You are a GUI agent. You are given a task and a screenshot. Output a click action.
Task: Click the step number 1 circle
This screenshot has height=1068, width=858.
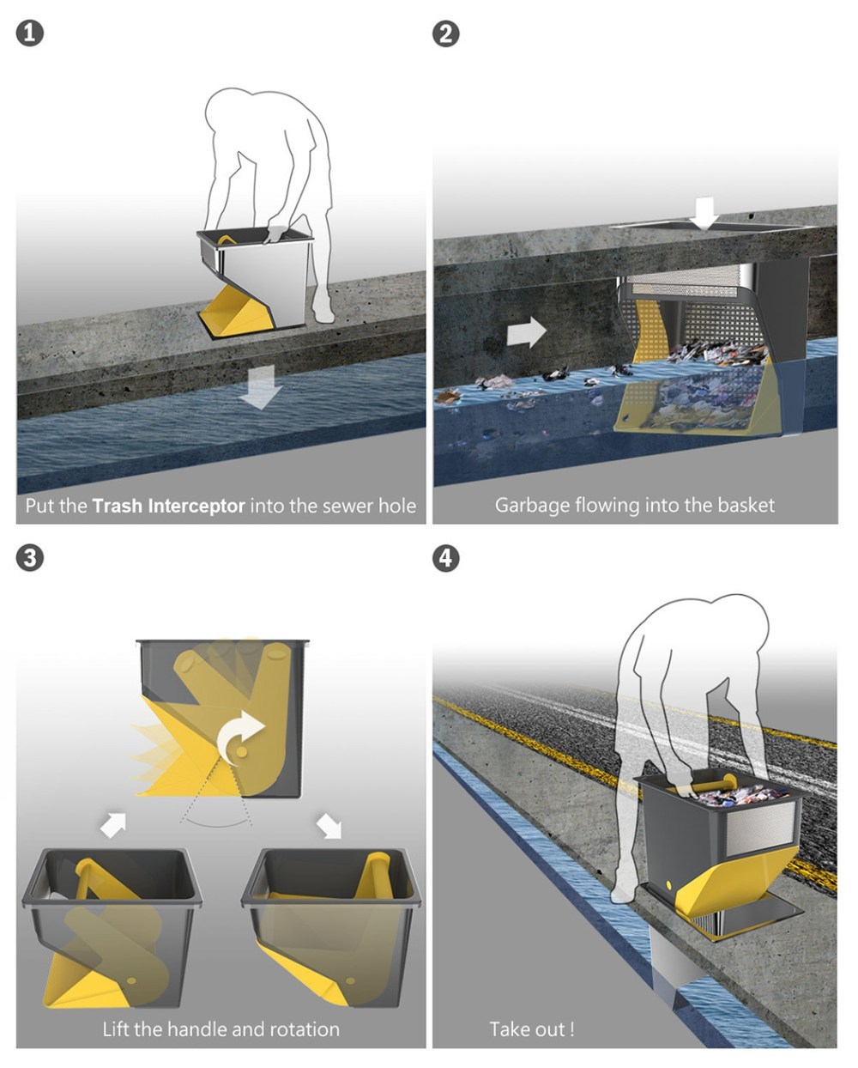point(30,33)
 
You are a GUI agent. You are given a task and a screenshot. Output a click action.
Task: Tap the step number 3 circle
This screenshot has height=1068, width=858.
point(30,558)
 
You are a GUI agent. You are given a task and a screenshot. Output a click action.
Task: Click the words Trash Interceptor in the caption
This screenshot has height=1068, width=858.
point(168,506)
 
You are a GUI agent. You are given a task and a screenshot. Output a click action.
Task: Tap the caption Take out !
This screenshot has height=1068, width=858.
point(531,1029)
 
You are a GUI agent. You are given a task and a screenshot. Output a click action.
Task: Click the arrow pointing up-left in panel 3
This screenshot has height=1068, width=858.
point(113,824)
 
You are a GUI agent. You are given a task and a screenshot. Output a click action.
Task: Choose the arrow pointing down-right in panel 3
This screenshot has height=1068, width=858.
point(329,825)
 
